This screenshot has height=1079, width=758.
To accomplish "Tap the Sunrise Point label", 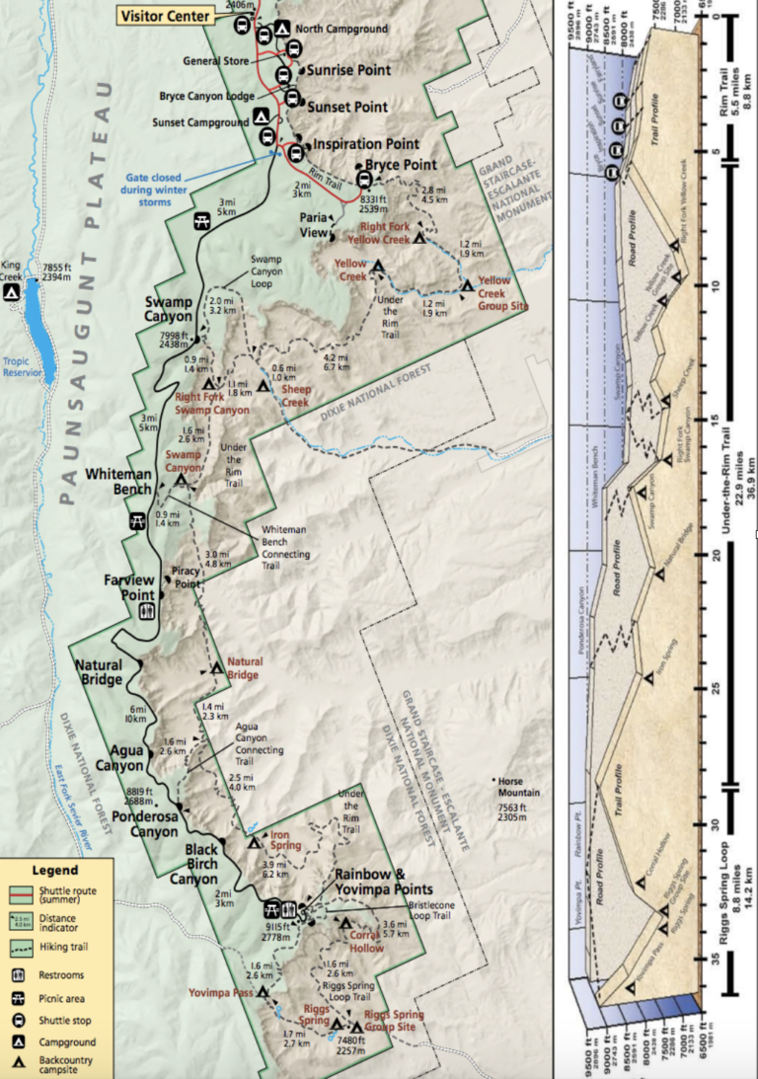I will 348,71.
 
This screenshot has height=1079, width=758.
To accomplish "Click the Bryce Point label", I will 401,165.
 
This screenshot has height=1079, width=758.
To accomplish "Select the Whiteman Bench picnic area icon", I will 138,522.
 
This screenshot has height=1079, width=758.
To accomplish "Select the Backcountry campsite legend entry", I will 61,1061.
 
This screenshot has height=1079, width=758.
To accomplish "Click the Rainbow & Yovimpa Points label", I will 369,881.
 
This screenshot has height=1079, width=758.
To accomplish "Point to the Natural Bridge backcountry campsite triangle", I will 217,668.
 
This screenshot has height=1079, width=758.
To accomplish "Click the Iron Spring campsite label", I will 287,840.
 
